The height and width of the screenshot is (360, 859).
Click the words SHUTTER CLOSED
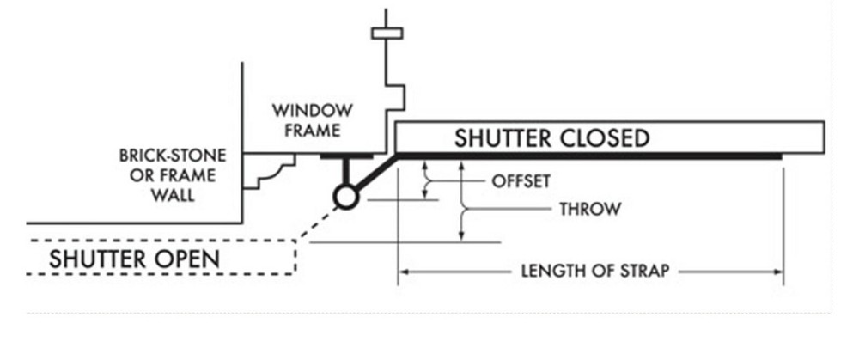click(x=551, y=137)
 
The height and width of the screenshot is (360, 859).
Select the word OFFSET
click(x=521, y=181)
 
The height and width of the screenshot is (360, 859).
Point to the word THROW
click(x=589, y=209)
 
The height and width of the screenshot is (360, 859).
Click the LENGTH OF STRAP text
click(x=594, y=272)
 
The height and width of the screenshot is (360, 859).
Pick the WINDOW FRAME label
click(x=312, y=120)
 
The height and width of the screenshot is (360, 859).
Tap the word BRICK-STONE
click(x=173, y=156)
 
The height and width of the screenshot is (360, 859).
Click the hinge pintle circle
click(x=345, y=198)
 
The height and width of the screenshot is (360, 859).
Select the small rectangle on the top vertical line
click(x=386, y=34)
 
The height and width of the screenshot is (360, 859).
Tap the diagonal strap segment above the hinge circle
click(x=374, y=175)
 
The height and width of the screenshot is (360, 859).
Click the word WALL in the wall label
click(x=174, y=195)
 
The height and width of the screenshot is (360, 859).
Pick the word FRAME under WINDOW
click(x=313, y=131)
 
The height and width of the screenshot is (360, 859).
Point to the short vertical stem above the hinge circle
click(x=345, y=171)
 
